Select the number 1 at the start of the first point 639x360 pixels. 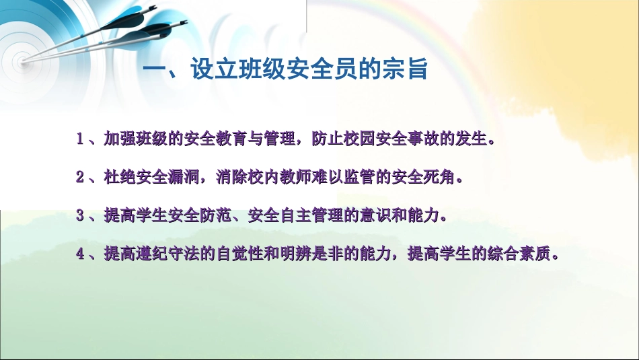click(80, 140)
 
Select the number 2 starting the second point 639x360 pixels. click(80, 178)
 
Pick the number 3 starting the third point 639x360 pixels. click(80, 216)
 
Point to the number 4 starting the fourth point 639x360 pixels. click(80, 254)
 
